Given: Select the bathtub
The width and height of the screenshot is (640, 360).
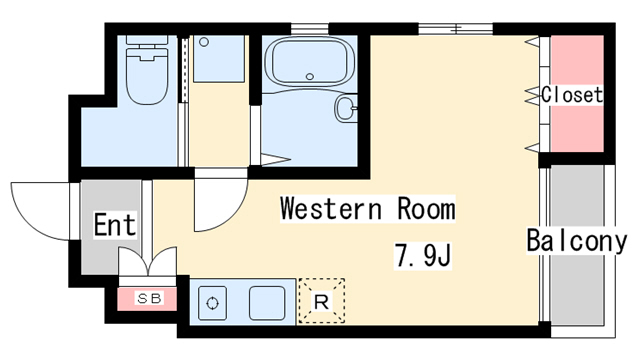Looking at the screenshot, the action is [x=309, y=62].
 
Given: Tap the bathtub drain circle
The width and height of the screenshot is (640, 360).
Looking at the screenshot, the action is [x=310, y=76].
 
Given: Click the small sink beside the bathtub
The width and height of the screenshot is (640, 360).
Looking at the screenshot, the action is [x=346, y=108].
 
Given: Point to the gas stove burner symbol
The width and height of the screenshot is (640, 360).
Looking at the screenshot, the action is [x=212, y=303].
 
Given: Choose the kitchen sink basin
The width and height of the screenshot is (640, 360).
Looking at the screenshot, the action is [x=267, y=303].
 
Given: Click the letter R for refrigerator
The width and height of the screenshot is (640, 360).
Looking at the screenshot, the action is [x=322, y=302].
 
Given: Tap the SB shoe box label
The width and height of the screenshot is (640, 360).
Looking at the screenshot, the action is [x=149, y=298].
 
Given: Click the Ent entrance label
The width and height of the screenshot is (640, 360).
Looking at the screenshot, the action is [x=115, y=224].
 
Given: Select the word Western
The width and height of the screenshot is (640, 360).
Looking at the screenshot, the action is [x=331, y=208].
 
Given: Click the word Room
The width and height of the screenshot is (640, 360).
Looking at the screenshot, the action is [x=426, y=208].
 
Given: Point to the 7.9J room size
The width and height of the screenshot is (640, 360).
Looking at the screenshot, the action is [x=422, y=255].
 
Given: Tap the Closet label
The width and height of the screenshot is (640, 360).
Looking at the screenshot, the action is [x=572, y=95].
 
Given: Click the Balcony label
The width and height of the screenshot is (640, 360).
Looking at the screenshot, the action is [x=576, y=241].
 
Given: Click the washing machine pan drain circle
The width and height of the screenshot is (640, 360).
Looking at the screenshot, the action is [x=204, y=42].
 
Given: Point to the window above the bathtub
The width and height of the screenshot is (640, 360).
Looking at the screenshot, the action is [x=310, y=29].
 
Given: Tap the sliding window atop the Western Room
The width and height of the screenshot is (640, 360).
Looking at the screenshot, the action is [x=456, y=29].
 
